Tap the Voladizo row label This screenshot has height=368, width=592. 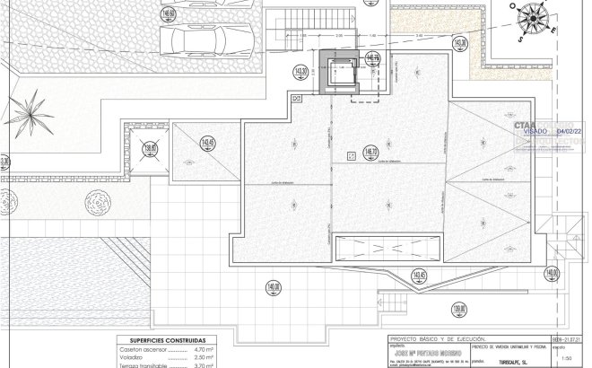(132, 357)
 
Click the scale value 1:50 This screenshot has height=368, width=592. (566, 358)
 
